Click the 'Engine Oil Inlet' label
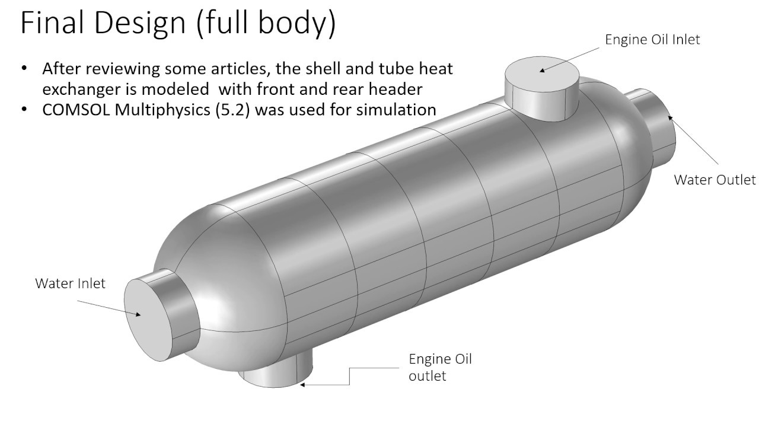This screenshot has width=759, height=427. (652, 40)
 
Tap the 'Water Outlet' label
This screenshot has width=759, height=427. (715, 180)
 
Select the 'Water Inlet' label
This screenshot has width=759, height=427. (70, 283)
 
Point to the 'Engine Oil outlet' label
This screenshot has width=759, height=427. (440, 367)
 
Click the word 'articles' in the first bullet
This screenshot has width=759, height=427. (244, 69)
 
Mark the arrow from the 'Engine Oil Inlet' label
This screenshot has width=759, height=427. (572, 59)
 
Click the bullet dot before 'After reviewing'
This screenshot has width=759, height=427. (24, 68)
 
